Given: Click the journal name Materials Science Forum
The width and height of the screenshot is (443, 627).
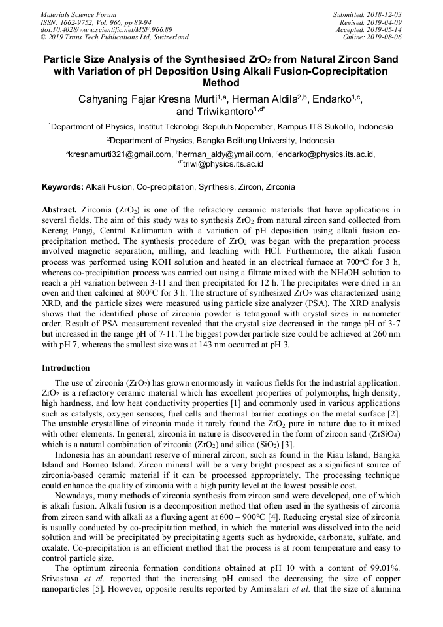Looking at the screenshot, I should pos(78,14).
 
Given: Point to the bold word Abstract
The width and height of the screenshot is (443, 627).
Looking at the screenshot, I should pos(59,211).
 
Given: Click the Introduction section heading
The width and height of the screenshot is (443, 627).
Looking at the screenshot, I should pos(65,368).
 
